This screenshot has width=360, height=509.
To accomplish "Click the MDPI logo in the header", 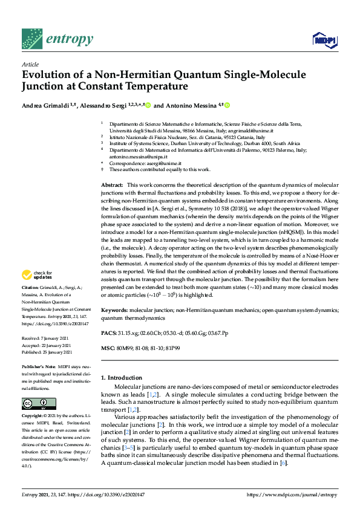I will pyautogui.click(x=320, y=41).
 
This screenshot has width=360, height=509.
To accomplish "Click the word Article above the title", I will pyautogui.click(x=30, y=64).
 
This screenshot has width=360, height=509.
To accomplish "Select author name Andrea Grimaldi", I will pyautogui.click(x=44, y=105).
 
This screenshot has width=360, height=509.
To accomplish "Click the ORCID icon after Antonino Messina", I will pyautogui.click(x=227, y=105).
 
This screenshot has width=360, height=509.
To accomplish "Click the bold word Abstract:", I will pyautogui.click(x=112, y=183).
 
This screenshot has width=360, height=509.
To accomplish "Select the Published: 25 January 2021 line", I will pyautogui.click(x=47, y=352).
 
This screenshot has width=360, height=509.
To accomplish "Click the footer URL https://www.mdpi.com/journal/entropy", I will pyautogui.click(x=293, y=495).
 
